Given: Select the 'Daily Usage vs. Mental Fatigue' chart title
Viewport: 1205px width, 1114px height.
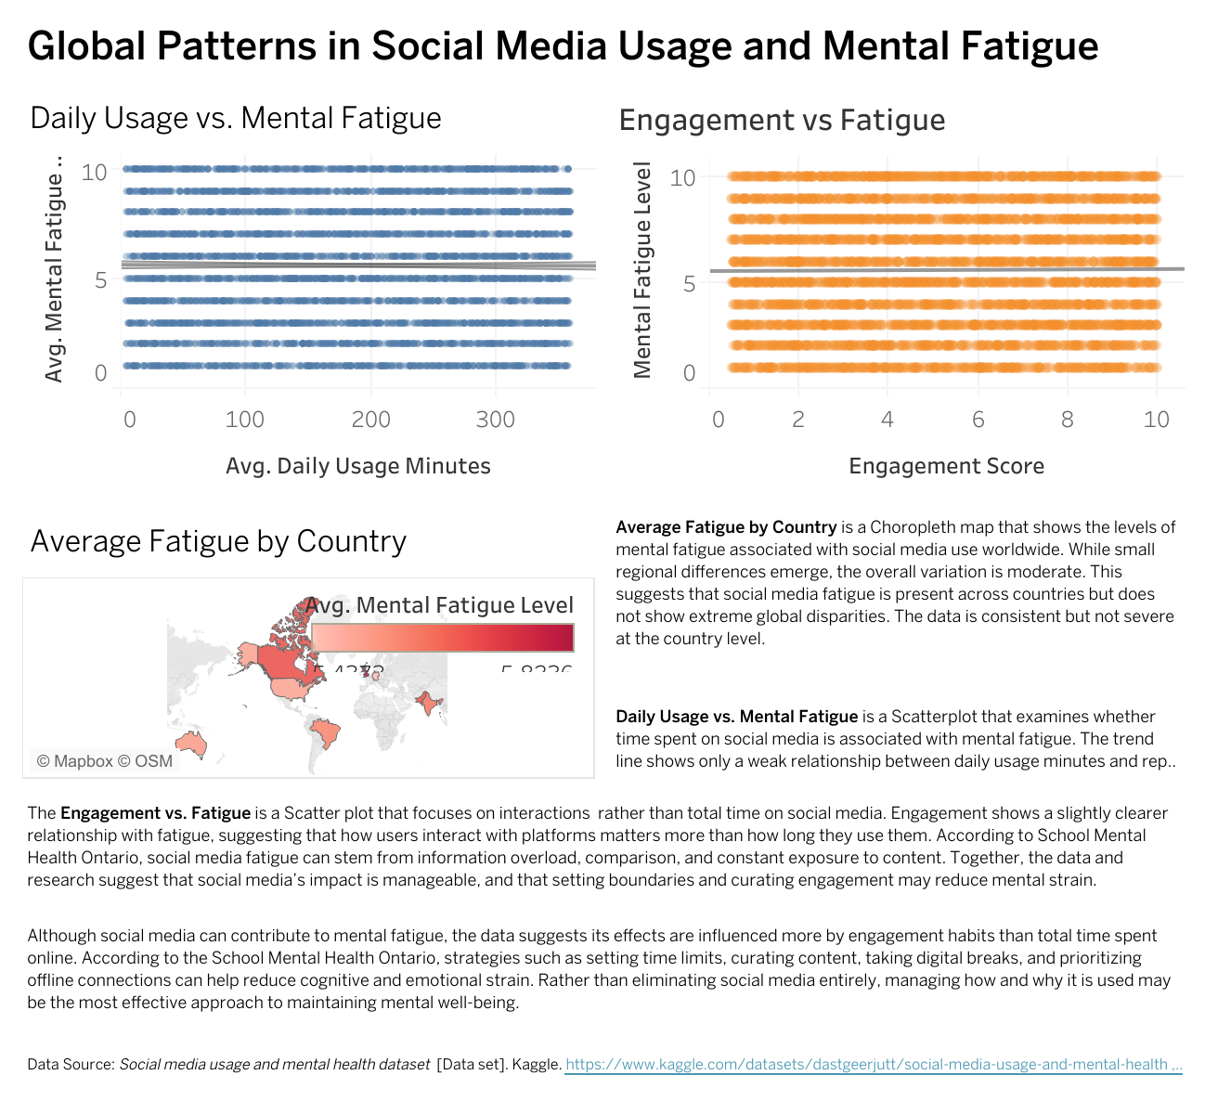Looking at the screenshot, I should pyautogui.click(x=236, y=119).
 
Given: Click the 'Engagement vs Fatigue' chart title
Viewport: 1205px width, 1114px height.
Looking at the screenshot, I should pyautogui.click(x=782, y=121).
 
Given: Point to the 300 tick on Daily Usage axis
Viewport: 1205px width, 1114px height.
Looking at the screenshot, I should pyautogui.click(x=495, y=420).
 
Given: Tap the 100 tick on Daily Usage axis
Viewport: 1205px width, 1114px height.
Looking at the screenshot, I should pyautogui.click(x=244, y=420).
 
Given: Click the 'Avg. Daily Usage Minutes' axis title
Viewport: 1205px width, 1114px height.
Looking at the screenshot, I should pyautogui.click(x=357, y=466).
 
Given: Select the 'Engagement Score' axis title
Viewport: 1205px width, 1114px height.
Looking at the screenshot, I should pyautogui.click(x=946, y=466).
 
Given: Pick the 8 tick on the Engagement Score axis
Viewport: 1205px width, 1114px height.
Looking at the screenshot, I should pyautogui.click(x=1067, y=420).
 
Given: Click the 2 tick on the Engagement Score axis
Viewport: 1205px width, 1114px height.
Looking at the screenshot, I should pyautogui.click(x=797, y=420).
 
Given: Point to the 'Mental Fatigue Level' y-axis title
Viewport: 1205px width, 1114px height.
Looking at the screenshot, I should pyautogui.click(x=642, y=270).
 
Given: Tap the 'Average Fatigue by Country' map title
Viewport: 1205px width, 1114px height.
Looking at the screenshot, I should pyautogui.click(x=218, y=541).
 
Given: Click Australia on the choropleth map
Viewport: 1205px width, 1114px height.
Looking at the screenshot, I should pyautogui.click(x=191, y=743).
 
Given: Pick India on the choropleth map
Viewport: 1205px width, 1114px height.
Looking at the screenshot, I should pyautogui.click(x=427, y=703).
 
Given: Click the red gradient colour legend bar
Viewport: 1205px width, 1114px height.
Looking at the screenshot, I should pyautogui.click(x=442, y=638).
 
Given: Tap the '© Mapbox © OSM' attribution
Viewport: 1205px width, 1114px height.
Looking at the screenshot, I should pyautogui.click(x=104, y=761).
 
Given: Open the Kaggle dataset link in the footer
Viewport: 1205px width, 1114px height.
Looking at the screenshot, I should pyautogui.click(x=873, y=1065).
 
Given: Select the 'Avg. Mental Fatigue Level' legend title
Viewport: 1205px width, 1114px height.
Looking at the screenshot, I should pyautogui.click(x=439, y=605).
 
